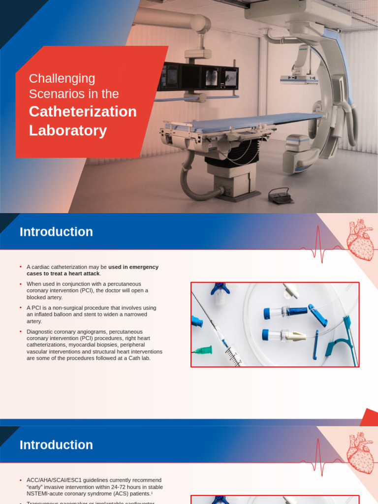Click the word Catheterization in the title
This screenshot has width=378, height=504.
[x=83, y=112]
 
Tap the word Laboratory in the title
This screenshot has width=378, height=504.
[x=68, y=130]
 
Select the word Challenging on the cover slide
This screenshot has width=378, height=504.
[x=62, y=78]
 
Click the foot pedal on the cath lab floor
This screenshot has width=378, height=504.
[x=281, y=196]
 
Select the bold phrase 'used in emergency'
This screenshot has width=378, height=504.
[x=133, y=267]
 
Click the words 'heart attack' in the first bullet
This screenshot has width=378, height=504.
[x=84, y=274]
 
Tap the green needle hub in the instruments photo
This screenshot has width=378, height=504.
[x=203, y=350]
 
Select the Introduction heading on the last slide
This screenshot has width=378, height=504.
[x=56, y=445]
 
